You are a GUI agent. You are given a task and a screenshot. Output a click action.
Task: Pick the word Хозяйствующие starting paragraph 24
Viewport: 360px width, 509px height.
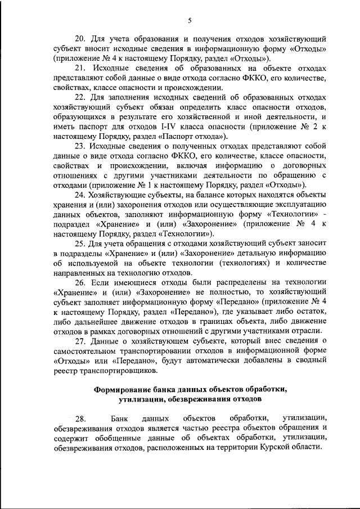tap(115, 194)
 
